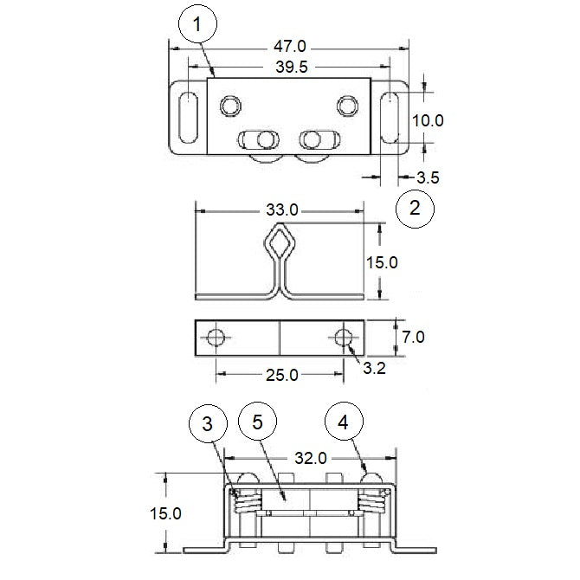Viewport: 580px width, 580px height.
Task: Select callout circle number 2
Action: [x=415, y=209]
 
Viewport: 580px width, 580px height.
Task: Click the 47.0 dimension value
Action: [x=288, y=45]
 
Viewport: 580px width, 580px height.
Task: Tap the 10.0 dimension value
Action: [x=426, y=120]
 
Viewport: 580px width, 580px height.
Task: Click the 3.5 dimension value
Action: [x=429, y=178]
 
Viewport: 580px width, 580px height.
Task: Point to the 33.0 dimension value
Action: [x=281, y=209]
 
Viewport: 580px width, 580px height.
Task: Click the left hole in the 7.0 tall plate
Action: [x=218, y=337]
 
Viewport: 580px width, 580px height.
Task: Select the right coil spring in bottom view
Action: [x=372, y=500]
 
